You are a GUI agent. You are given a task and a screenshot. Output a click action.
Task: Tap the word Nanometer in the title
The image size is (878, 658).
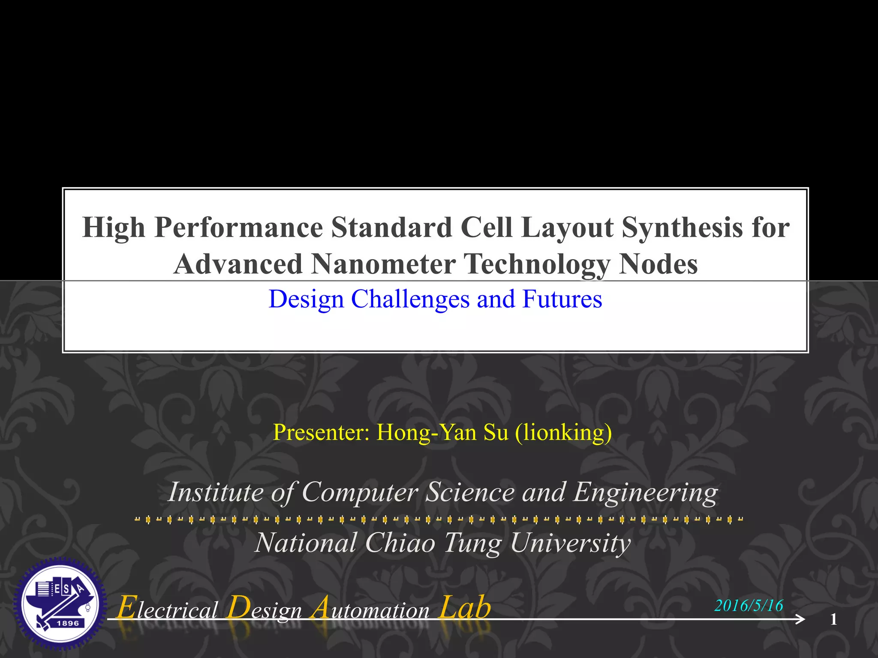(x=383, y=264)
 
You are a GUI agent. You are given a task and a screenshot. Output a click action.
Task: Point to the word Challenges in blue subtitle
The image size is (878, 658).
(x=410, y=299)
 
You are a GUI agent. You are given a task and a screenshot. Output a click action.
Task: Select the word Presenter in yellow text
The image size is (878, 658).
(x=321, y=432)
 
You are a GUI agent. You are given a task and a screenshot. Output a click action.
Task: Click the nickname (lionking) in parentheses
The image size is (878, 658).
(x=563, y=432)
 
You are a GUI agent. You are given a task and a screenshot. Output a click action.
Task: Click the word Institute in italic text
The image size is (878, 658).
(x=216, y=492)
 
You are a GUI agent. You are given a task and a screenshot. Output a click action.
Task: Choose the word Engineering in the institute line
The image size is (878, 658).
(x=645, y=492)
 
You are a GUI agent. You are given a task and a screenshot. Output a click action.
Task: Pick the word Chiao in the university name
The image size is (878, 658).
(x=400, y=543)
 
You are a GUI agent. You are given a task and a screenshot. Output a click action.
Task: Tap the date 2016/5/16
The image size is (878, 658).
(x=749, y=605)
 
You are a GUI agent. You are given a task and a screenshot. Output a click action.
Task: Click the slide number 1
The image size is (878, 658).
(x=833, y=619)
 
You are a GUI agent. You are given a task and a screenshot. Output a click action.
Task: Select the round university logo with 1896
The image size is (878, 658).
(x=60, y=604)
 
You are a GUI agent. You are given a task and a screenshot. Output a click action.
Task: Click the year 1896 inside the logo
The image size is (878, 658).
(x=68, y=623)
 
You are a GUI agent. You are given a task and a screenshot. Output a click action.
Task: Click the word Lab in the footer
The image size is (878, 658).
(x=465, y=607)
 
